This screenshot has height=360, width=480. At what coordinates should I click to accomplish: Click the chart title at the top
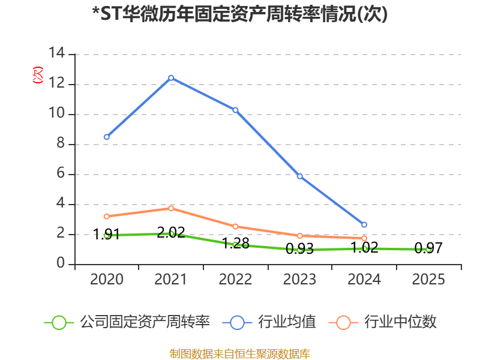[x=240, y=14]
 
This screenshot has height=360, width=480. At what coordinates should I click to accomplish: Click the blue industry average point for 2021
[x=171, y=77]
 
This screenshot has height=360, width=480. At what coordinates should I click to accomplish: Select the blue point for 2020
[x=106, y=137]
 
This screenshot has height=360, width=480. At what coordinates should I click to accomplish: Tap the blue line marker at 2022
[x=235, y=110]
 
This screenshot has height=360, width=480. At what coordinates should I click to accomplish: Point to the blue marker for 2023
[x=299, y=176]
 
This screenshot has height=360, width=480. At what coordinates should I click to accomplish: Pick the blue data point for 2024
[x=364, y=224]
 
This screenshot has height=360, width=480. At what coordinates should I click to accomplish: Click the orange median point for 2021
[x=171, y=208]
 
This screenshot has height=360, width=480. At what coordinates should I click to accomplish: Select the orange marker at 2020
[x=106, y=217]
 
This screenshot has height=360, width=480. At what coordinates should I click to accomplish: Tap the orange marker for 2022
[x=235, y=227]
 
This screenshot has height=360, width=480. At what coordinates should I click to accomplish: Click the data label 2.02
[x=171, y=233]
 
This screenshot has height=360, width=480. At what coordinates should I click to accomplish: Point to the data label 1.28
[x=235, y=244]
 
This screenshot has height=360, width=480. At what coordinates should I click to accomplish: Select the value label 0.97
[x=428, y=248]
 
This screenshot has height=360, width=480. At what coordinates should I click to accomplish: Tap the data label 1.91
[x=107, y=234]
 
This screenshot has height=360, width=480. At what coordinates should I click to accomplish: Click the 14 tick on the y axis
[x=58, y=54]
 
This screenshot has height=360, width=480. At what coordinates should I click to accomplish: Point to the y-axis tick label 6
[x=61, y=174]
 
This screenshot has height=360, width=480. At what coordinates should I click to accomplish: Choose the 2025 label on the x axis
[x=428, y=280]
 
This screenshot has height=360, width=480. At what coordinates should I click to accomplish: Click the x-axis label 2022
[x=235, y=280]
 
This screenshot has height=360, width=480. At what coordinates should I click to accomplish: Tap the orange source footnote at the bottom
[x=240, y=353]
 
